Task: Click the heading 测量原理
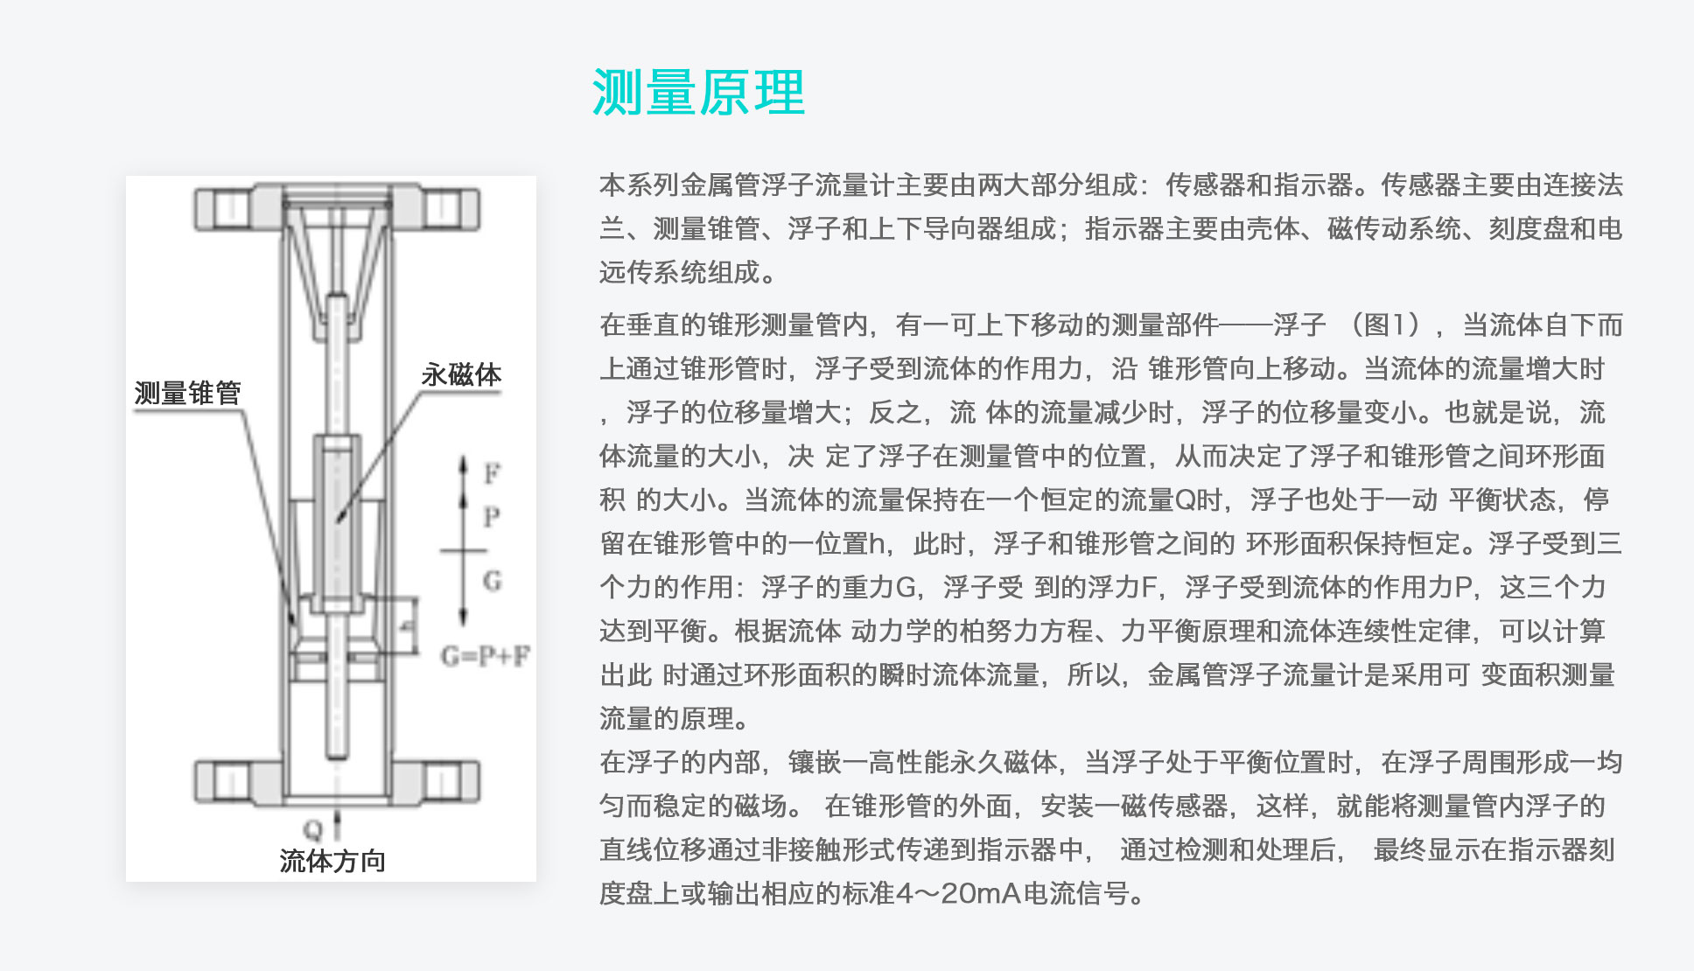(698, 93)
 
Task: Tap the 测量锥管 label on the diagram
(187, 393)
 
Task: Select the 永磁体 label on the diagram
(461, 375)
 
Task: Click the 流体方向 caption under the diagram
(332, 861)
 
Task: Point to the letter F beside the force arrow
(493, 473)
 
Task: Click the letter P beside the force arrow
(492, 517)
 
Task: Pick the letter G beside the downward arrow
(493, 581)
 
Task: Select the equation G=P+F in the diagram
(485, 656)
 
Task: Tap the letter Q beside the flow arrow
(312, 829)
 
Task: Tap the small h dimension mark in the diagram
(406, 626)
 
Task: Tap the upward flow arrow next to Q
(337, 825)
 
